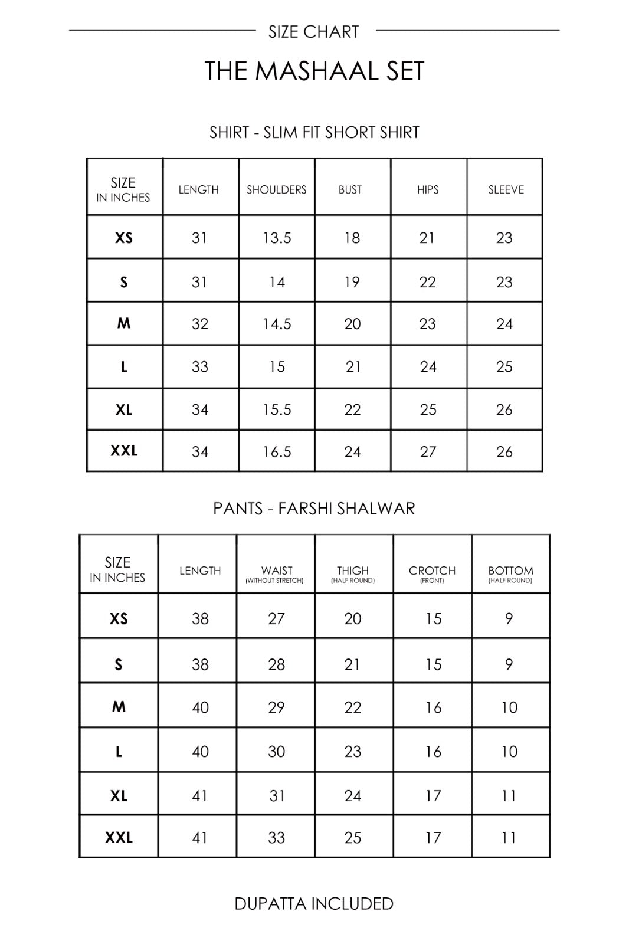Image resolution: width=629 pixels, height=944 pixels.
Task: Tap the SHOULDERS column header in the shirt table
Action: point(276,189)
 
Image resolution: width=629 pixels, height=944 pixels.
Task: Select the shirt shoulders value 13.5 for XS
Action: point(277,238)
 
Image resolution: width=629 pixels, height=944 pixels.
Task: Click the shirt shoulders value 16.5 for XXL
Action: point(277,451)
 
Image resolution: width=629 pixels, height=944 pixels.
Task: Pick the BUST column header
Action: point(350,189)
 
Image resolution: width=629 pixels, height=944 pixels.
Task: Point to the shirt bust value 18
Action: point(352,238)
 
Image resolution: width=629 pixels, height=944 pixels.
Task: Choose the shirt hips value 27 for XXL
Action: point(428,451)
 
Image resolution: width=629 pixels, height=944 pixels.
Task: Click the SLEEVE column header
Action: point(506,189)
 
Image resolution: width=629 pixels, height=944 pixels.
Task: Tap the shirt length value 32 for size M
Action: point(200,324)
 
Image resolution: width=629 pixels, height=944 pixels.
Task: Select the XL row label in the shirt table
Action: point(124,409)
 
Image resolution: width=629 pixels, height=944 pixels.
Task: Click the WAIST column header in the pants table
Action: point(276,571)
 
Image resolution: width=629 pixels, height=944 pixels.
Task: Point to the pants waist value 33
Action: point(276,838)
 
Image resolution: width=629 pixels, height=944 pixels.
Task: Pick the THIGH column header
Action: point(352,571)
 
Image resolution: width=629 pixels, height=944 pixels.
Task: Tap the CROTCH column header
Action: point(432,571)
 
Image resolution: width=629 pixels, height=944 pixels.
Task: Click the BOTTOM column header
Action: point(510,571)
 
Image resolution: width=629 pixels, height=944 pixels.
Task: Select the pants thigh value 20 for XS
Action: point(352,619)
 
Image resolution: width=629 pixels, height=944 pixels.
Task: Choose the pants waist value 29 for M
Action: point(276,707)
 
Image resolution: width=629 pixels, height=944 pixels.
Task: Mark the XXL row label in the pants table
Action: point(119,837)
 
